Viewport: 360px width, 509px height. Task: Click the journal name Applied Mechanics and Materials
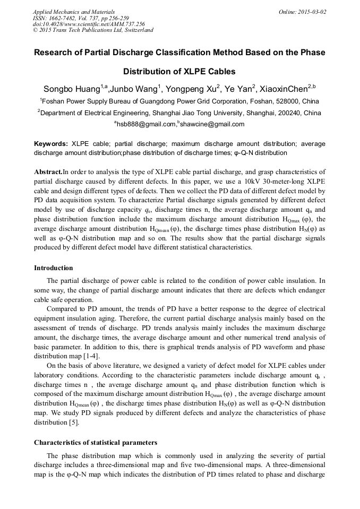tap(74, 11)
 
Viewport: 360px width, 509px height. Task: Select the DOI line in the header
tap(88, 24)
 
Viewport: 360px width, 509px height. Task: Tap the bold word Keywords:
tap(51, 144)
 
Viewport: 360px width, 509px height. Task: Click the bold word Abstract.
tap(48, 171)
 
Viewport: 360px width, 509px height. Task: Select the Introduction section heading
tap(54, 268)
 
